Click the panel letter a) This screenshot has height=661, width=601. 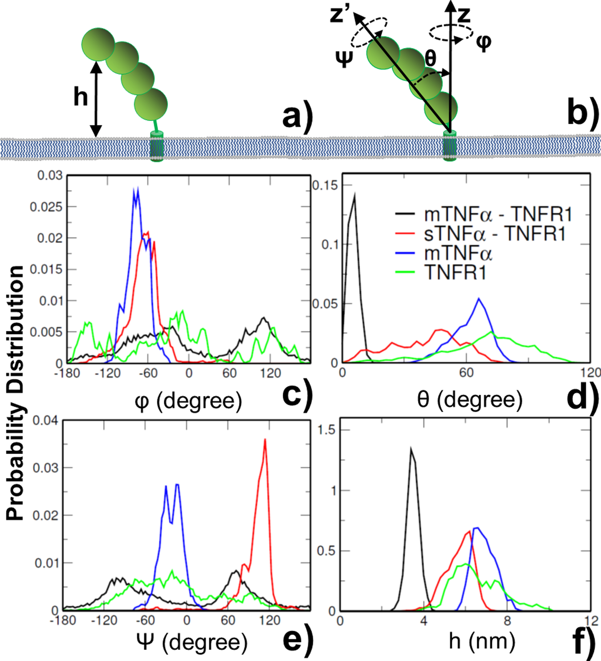[298, 117]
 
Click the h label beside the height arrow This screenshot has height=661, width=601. [81, 97]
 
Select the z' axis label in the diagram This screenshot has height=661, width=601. [341, 15]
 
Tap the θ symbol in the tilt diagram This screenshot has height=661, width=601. [430, 58]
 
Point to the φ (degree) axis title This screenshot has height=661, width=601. [188, 401]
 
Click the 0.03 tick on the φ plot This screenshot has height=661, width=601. [50, 175]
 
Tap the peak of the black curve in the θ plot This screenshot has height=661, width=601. [354, 194]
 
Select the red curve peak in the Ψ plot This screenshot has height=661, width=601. [265, 440]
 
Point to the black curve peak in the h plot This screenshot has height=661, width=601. [411, 449]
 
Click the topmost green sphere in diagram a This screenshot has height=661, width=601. [98, 44]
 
